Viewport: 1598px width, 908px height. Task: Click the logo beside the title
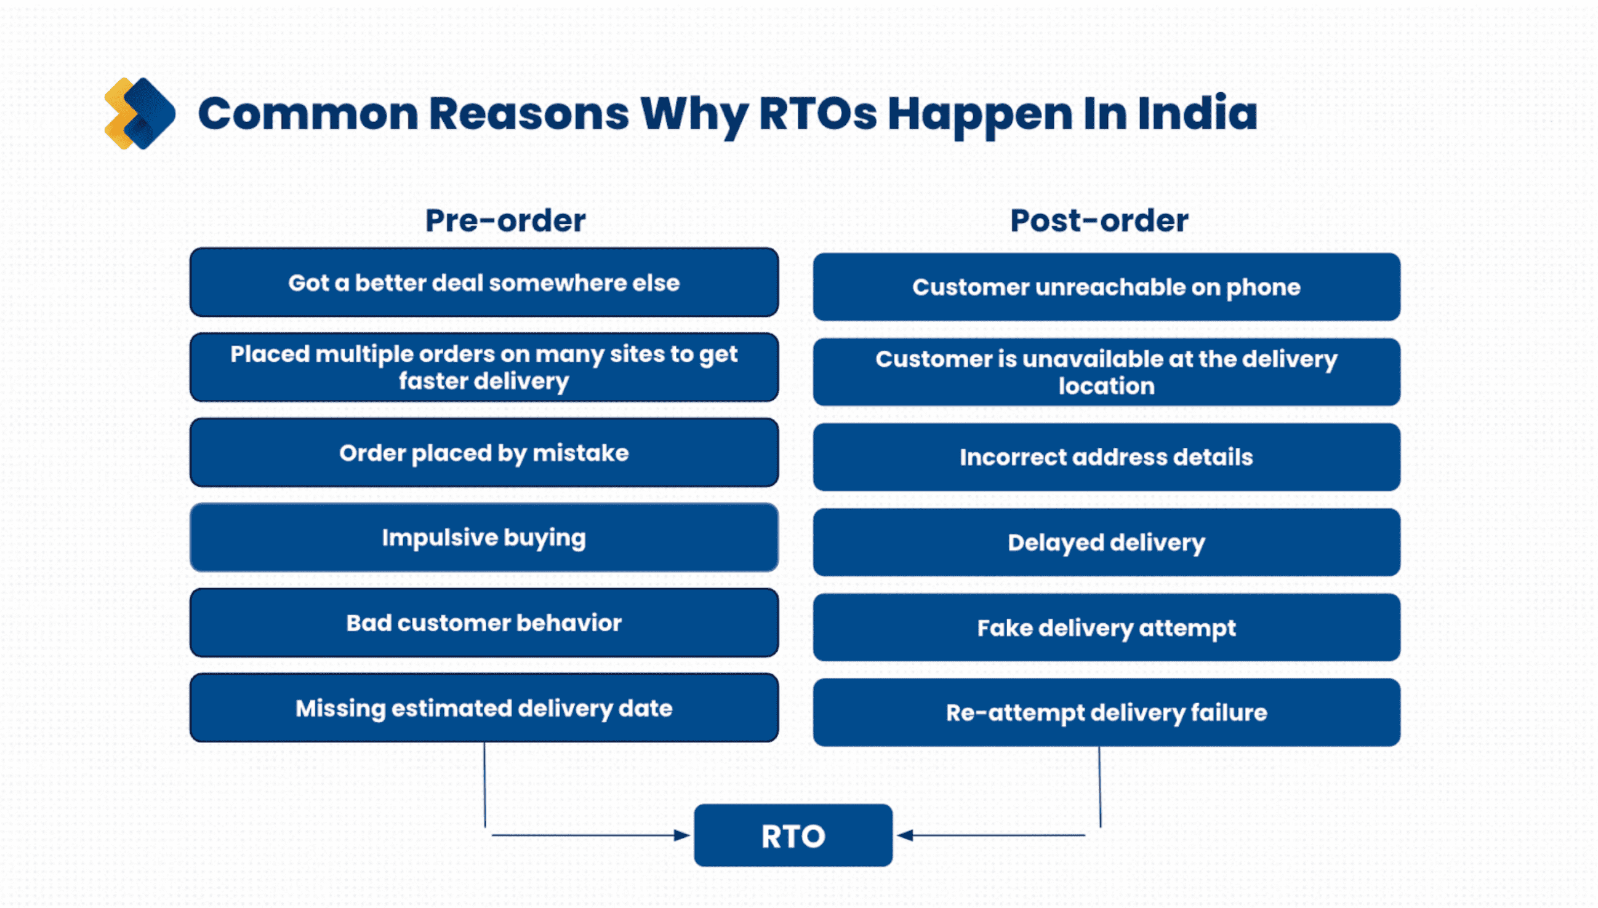click(x=140, y=113)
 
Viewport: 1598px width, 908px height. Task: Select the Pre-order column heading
click(x=505, y=220)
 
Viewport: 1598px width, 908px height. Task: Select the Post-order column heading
click(x=1099, y=220)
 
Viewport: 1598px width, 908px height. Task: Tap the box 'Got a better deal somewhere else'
click(x=484, y=282)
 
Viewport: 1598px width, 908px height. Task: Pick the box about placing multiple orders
click(x=484, y=367)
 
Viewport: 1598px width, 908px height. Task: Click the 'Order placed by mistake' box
click(x=484, y=453)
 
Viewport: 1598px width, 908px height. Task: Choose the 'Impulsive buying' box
click(x=484, y=538)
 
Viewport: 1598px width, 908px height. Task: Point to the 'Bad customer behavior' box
click(x=484, y=623)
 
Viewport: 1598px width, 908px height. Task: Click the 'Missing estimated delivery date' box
click(x=484, y=708)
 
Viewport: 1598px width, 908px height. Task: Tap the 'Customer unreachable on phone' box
click(x=1106, y=287)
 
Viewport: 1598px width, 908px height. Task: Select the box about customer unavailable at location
click(x=1106, y=372)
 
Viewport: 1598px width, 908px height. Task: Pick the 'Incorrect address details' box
click(x=1106, y=457)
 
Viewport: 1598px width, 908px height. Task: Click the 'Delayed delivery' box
click(x=1106, y=543)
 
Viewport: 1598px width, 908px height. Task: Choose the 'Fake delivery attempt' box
click(x=1106, y=627)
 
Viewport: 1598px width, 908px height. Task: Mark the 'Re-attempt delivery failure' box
click(x=1106, y=713)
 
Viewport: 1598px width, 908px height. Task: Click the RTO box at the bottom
click(x=792, y=835)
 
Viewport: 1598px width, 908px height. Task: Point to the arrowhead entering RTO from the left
click(x=683, y=835)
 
